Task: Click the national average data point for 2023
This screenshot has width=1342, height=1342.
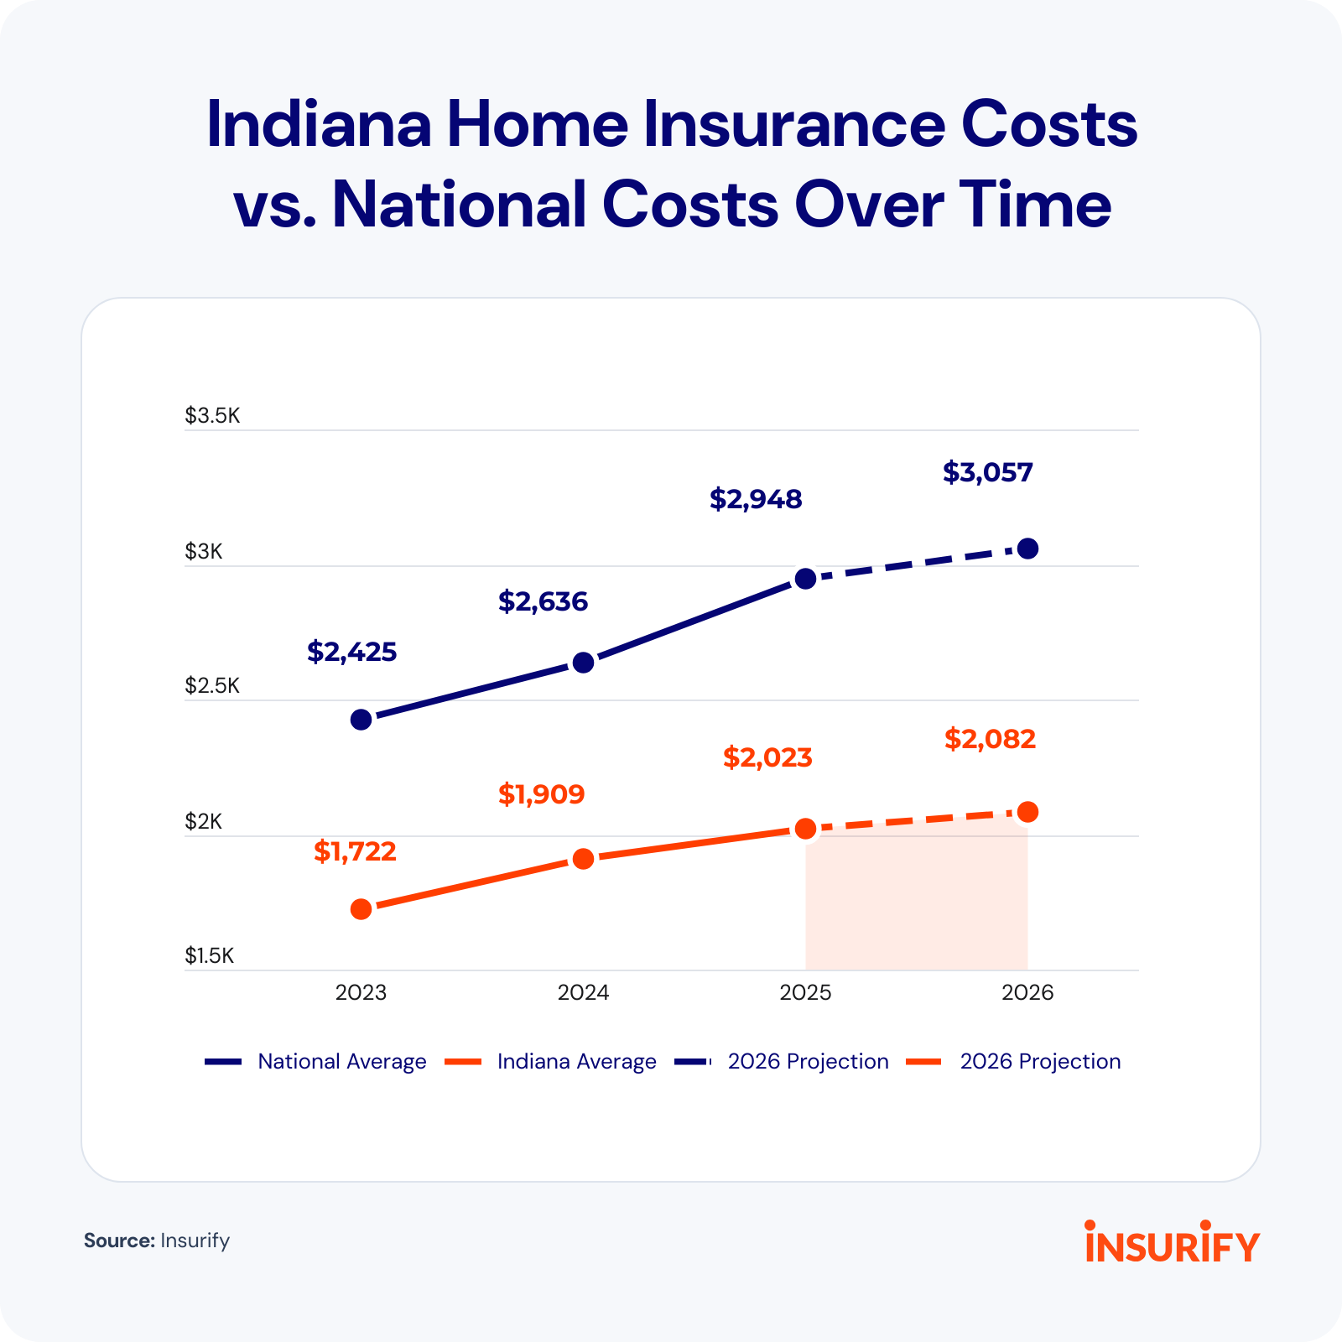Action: (361, 720)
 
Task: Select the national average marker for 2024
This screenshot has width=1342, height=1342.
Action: (583, 663)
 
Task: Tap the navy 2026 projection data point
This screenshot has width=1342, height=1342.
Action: (1027, 549)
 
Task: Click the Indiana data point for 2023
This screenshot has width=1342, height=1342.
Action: (361, 909)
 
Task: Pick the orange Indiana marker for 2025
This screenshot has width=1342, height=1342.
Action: (805, 829)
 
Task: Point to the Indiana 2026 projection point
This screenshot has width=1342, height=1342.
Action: (1027, 812)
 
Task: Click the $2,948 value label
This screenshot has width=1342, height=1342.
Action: (756, 499)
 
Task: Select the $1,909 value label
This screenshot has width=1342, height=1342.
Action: (541, 793)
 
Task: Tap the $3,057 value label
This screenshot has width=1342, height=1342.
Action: (987, 472)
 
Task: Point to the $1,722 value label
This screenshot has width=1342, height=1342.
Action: (355, 851)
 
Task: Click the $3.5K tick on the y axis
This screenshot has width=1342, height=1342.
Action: (212, 416)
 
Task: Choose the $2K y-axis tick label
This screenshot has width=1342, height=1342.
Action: (204, 821)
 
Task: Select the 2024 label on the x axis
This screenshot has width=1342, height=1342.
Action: (583, 993)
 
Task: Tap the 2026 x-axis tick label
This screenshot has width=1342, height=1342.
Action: (1027, 993)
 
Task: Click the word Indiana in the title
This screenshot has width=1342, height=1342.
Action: (319, 124)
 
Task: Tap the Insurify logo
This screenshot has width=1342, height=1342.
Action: (1172, 1243)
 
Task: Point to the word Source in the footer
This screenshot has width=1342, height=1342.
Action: (118, 1241)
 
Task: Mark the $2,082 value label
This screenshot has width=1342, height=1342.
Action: (990, 739)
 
